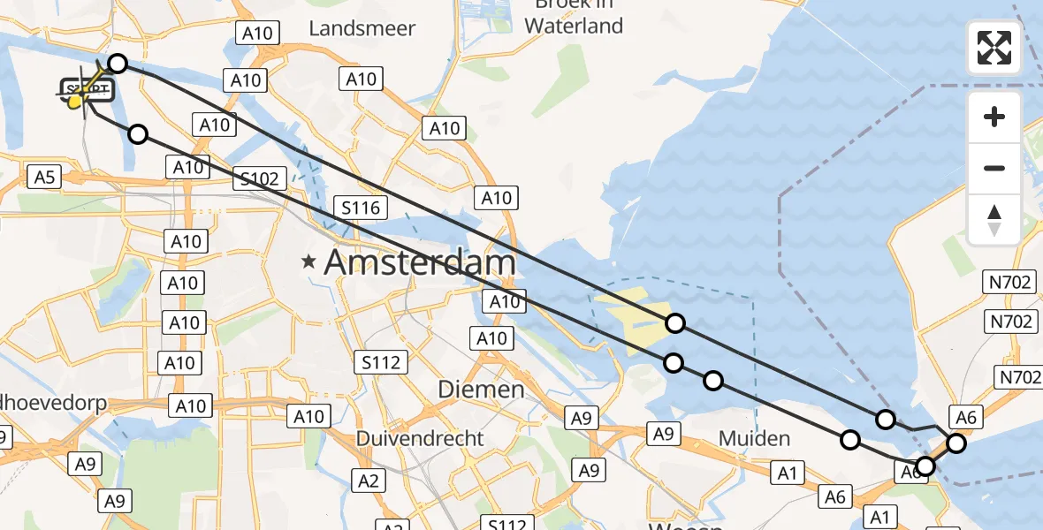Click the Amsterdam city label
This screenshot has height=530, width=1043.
click(x=421, y=261)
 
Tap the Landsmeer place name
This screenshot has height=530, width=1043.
click(x=362, y=28)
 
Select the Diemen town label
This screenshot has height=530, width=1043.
click(x=482, y=390)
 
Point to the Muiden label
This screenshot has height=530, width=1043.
click(x=754, y=438)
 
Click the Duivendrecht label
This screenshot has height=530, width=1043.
click(x=420, y=438)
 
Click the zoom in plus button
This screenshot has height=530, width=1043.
click(x=994, y=117)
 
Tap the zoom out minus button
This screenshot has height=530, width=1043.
click(x=994, y=168)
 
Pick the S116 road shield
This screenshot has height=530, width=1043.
click(x=362, y=208)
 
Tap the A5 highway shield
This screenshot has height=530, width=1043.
click(x=45, y=178)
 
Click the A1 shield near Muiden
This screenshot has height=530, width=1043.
click(x=786, y=473)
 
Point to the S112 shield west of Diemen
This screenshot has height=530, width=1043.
click(x=382, y=361)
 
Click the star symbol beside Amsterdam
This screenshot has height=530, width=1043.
click(x=308, y=261)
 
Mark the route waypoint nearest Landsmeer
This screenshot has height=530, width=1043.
click(x=118, y=64)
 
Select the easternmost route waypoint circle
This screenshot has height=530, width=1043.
click(x=956, y=443)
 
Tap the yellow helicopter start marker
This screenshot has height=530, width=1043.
click(x=76, y=101)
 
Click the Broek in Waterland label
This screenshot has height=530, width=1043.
click(x=574, y=16)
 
